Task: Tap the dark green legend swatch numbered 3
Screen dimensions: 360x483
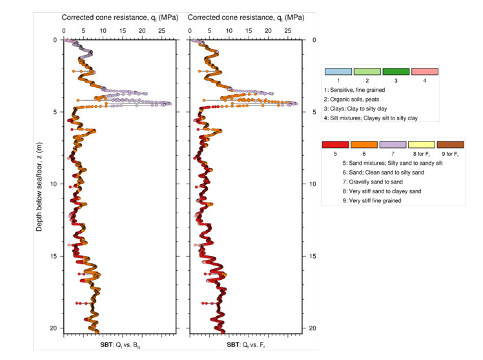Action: (x=396, y=72)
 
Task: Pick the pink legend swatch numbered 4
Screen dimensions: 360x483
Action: (x=424, y=72)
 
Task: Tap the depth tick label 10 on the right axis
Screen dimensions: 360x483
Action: (x=313, y=184)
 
